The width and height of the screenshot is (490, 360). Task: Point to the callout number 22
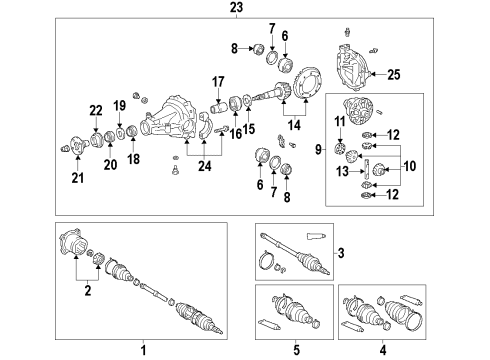point(96,110)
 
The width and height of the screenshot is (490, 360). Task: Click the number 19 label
point(118,105)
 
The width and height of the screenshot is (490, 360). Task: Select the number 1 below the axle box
point(143,351)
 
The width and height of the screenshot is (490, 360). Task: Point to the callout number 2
point(89,292)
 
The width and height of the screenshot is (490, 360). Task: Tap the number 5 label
point(295,351)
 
